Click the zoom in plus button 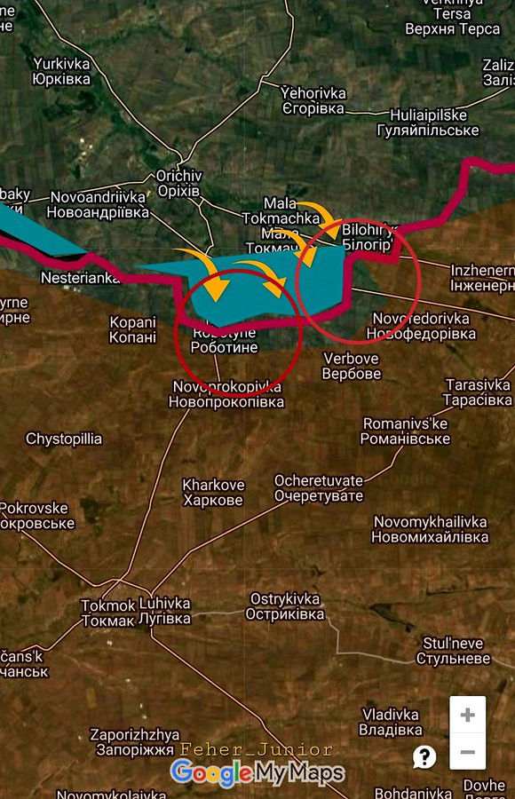pos(467,716)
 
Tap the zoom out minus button pos(467,753)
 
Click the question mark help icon pos(424,756)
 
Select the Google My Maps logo pos(257,773)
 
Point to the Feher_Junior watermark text pos(256,750)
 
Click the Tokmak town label pos(108,613)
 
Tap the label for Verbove pos(351,366)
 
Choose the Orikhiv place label pos(178,184)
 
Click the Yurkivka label pos(61,71)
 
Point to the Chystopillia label pos(64,439)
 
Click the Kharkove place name pos(213,493)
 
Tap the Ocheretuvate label pos(319,487)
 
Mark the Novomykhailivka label pos(431,529)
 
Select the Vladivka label pos(392,722)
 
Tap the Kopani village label pos(133,329)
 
